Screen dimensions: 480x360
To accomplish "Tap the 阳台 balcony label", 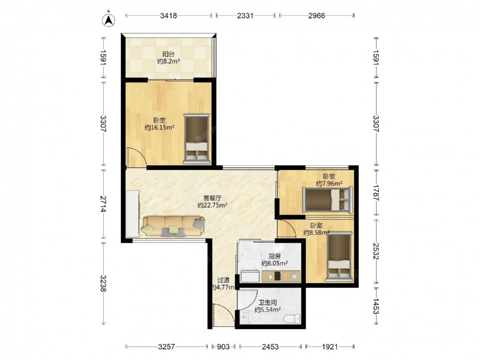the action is point(168,54).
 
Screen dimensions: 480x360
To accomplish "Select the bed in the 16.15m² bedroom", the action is point(197,139).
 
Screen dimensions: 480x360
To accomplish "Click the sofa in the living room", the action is point(173,227).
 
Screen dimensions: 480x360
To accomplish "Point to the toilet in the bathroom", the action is point(292,319).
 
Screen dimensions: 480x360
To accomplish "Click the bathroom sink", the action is point(245,317).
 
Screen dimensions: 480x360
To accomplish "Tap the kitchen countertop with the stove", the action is point(281,276).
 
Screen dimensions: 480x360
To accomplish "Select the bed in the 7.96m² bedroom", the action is point(327,199).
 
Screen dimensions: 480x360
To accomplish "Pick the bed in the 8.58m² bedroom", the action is point(338,256).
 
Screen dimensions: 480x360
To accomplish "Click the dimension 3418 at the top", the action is point(168,16).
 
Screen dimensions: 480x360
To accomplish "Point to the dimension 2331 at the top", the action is point(245,16).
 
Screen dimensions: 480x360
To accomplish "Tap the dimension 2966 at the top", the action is point(316,16).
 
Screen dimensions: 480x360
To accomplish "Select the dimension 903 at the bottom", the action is point(223,347).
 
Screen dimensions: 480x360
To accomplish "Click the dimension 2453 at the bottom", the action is point(270,347).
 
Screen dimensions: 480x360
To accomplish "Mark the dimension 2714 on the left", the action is point(104,204).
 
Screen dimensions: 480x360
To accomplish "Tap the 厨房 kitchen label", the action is point(275,256).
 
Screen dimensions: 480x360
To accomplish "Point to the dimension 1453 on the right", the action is point(376,306).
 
